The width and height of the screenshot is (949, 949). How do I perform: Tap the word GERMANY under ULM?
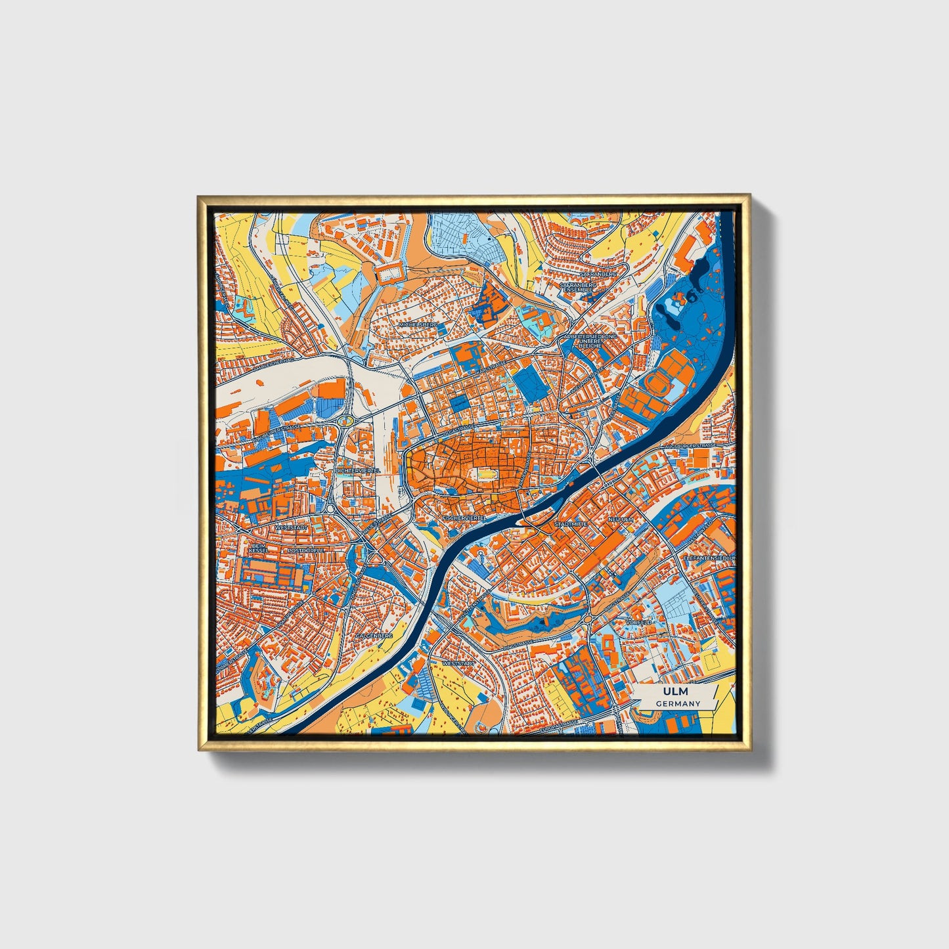(x=678, y=703)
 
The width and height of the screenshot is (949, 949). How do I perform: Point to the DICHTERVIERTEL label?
(x=358, y=471)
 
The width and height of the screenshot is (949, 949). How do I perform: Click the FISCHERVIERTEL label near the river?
(x=464, y=518)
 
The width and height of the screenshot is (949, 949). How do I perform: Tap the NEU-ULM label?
(x=621, y=519)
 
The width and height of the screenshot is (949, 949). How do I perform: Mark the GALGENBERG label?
(x=374, y=636)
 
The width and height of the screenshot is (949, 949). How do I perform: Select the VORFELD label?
(x=639, y=621)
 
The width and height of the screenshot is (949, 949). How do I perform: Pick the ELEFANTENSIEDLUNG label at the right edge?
(x=710, y=557)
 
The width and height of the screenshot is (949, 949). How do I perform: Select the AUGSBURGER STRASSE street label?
(x=690, y=445)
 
